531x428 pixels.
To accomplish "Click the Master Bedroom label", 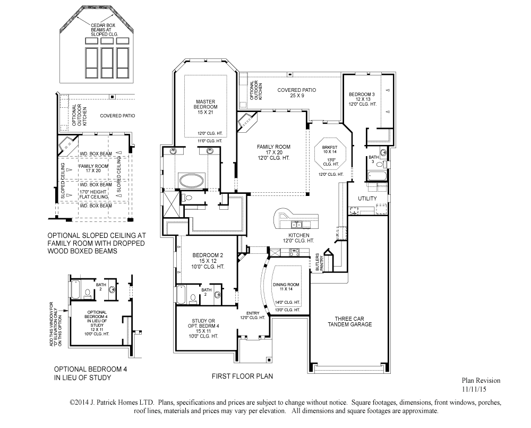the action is tap(205, 104).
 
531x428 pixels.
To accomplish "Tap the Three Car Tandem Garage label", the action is tap(349, 321).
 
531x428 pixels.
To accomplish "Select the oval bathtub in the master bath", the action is tap(192, 180).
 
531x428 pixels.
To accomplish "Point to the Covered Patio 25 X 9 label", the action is tap(297, 92).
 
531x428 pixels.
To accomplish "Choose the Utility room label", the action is tap(367, 199).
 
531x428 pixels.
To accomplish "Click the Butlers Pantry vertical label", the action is tap(320, 262).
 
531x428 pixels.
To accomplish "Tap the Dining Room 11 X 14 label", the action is tap(286, 287).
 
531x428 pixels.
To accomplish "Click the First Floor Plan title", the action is tap(243, 376).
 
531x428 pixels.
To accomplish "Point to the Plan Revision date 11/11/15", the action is tap(474, 389).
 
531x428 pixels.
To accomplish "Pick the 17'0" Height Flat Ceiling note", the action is tap(94, 194).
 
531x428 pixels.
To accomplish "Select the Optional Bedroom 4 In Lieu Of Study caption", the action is tap(90, 373).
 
